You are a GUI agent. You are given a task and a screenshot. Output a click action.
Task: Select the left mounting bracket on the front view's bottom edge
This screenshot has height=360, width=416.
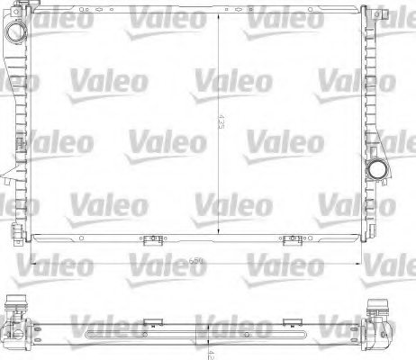point(148,239)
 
